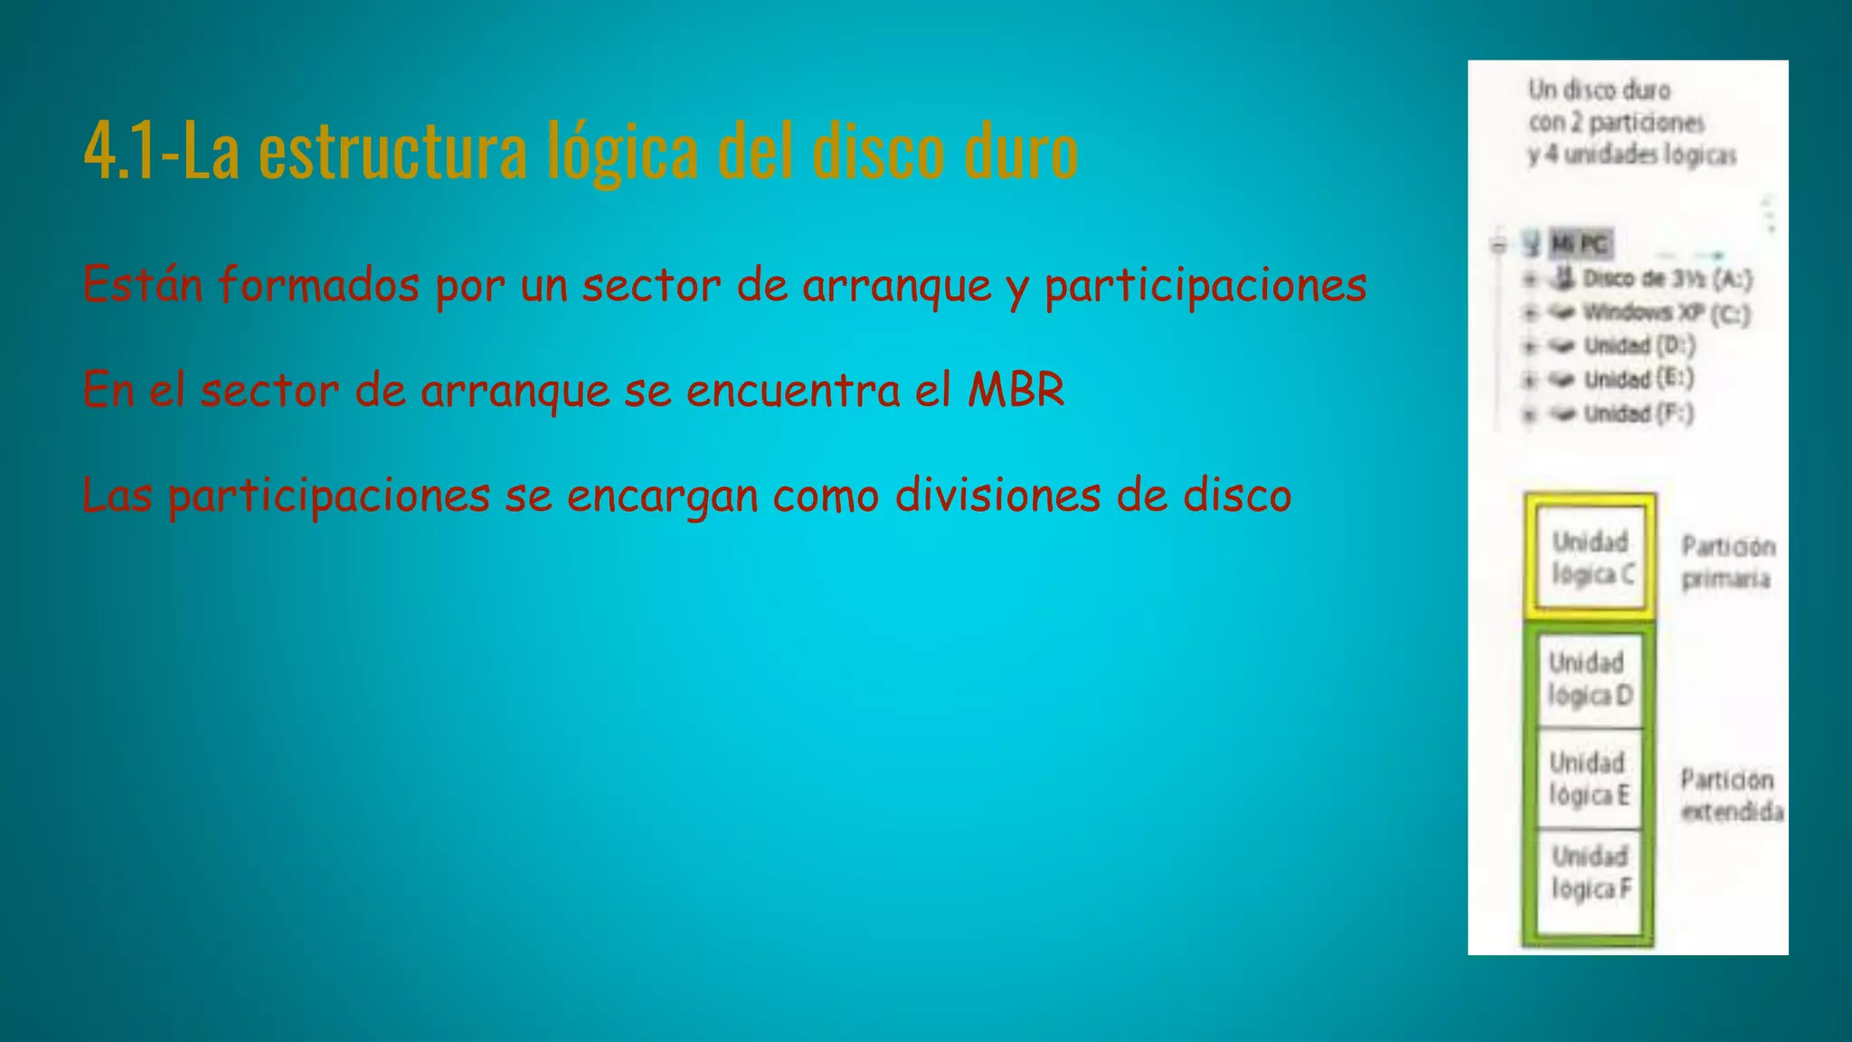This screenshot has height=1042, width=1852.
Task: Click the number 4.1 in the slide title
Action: (118, 152)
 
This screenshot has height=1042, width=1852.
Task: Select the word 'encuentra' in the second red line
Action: (792, 390)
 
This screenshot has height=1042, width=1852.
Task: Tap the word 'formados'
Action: (318, 284)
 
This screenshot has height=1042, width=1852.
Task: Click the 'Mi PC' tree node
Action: (1579, 244)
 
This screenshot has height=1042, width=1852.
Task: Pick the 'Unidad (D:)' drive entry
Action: (1639, 346)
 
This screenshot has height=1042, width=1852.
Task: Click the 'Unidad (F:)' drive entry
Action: (1638, 413)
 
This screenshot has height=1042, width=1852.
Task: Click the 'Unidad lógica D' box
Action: (1590, 679)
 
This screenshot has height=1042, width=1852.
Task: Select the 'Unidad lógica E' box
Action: (1589, 779)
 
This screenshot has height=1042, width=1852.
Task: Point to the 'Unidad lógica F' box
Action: (1591, 874)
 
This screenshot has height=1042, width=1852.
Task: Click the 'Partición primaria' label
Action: (1726, 562)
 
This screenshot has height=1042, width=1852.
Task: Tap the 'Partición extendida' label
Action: (1730, 795)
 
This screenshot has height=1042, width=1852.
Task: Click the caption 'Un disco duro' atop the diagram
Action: (1599, 90)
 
